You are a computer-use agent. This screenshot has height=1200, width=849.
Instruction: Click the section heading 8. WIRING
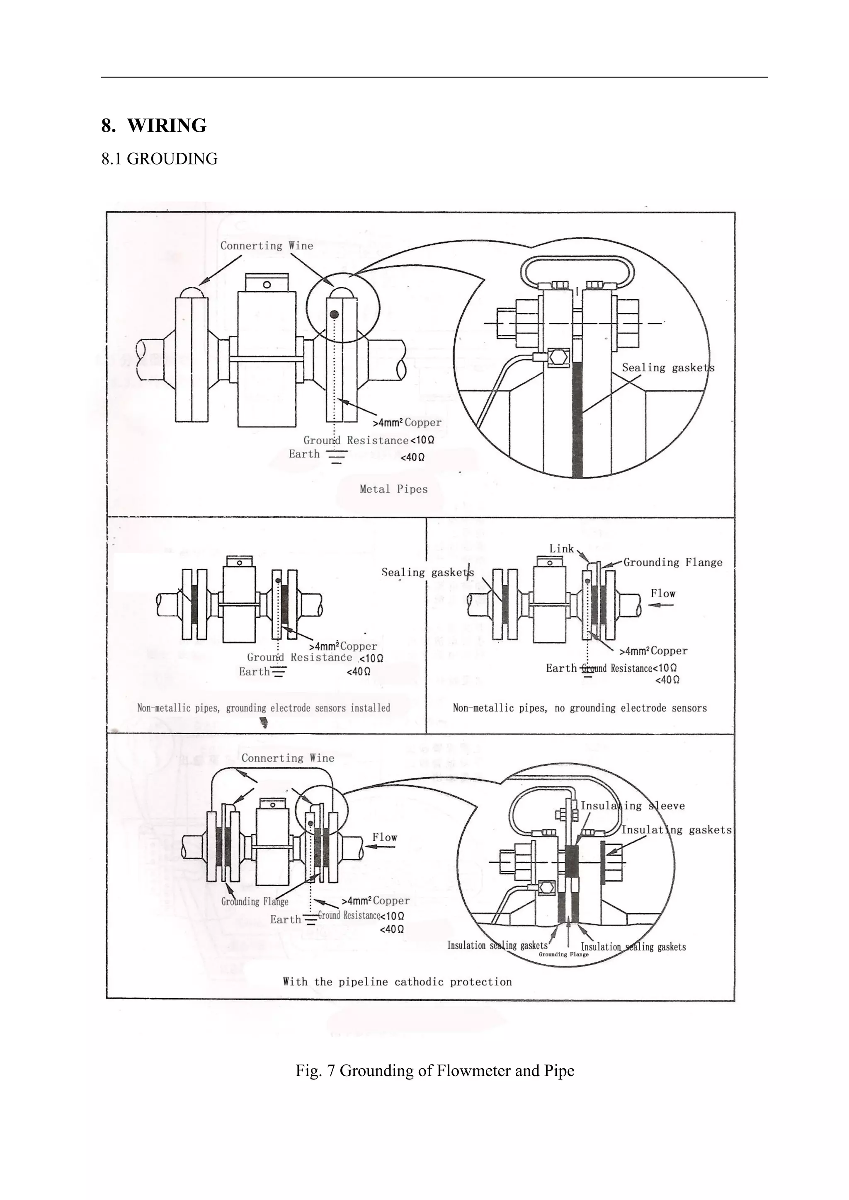click(x=154, y=126)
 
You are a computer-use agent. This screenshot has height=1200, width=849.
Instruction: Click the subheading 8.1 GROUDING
click(x=160, y=159)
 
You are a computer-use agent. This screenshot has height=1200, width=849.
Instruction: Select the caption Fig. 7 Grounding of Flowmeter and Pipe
click(x=434, y=1070)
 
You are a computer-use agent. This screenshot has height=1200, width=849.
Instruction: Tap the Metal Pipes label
click(x=394, y=489)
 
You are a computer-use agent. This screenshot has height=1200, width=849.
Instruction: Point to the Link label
click(x=561, y=549)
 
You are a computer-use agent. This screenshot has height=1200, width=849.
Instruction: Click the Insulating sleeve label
click(x=633, y=806)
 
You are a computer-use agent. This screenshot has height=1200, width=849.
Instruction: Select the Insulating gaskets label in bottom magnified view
click(x=677, y=830)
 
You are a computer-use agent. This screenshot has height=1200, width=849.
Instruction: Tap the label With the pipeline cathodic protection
click(x=397, y=982)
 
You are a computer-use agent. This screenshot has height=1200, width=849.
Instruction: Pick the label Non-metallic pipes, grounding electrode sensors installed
click(x=264, y=708)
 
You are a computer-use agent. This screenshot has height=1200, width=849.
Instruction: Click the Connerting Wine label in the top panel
click(x=267, y=246)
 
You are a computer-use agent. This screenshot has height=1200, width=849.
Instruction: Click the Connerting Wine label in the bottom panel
click(x=288, y=758)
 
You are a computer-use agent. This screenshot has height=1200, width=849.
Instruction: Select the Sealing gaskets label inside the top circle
click(x=667, y=368)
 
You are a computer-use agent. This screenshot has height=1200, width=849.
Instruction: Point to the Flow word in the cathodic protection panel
click(x=385, y=837)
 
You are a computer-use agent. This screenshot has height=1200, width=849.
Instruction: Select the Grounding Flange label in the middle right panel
click(x=673, y=562)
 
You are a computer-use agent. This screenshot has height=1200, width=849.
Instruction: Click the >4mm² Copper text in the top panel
click(x=407, y=422)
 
